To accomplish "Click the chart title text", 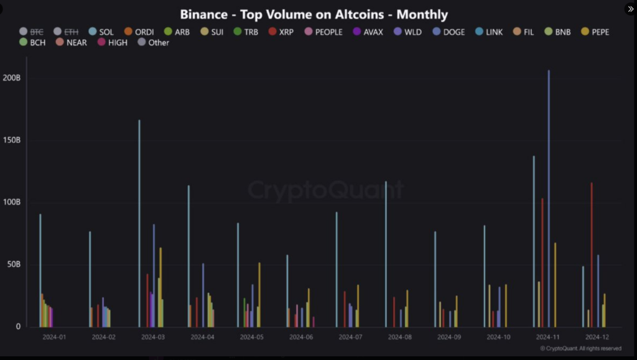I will (x=314, y=14).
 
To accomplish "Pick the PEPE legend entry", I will (x=596, y=32).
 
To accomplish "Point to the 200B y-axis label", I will (x=12, y=78).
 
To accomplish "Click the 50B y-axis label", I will (x=14, y=264).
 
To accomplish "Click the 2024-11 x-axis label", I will (x=548, y=337).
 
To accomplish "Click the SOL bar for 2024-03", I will (x=139, y=224).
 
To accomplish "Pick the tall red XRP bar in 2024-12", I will (x=591, y=255).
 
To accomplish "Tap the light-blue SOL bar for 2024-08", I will (x=386, y=255).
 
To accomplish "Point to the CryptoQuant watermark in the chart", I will (x=325, y=190).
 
